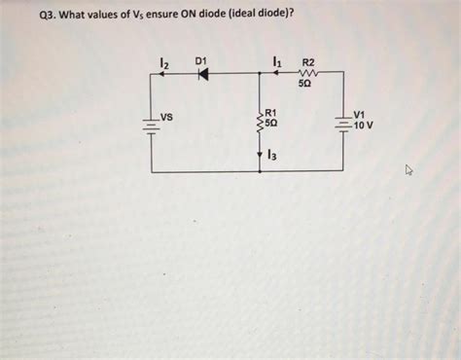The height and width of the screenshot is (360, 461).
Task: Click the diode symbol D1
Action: point(203,75)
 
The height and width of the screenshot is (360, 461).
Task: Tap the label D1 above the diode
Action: point(202,61)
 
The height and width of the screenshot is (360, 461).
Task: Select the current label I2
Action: point(164,63)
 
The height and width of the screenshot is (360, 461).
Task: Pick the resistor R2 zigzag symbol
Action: point(308,75)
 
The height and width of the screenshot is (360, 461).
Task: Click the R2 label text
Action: point(308,62)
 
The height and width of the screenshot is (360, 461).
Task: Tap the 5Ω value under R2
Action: point(305,86)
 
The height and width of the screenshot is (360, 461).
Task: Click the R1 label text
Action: point(272,114)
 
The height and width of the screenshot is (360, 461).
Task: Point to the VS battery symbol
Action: point(152,124)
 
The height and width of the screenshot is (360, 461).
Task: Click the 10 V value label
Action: point(362,126)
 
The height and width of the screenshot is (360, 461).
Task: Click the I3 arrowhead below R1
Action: point(260,154)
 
